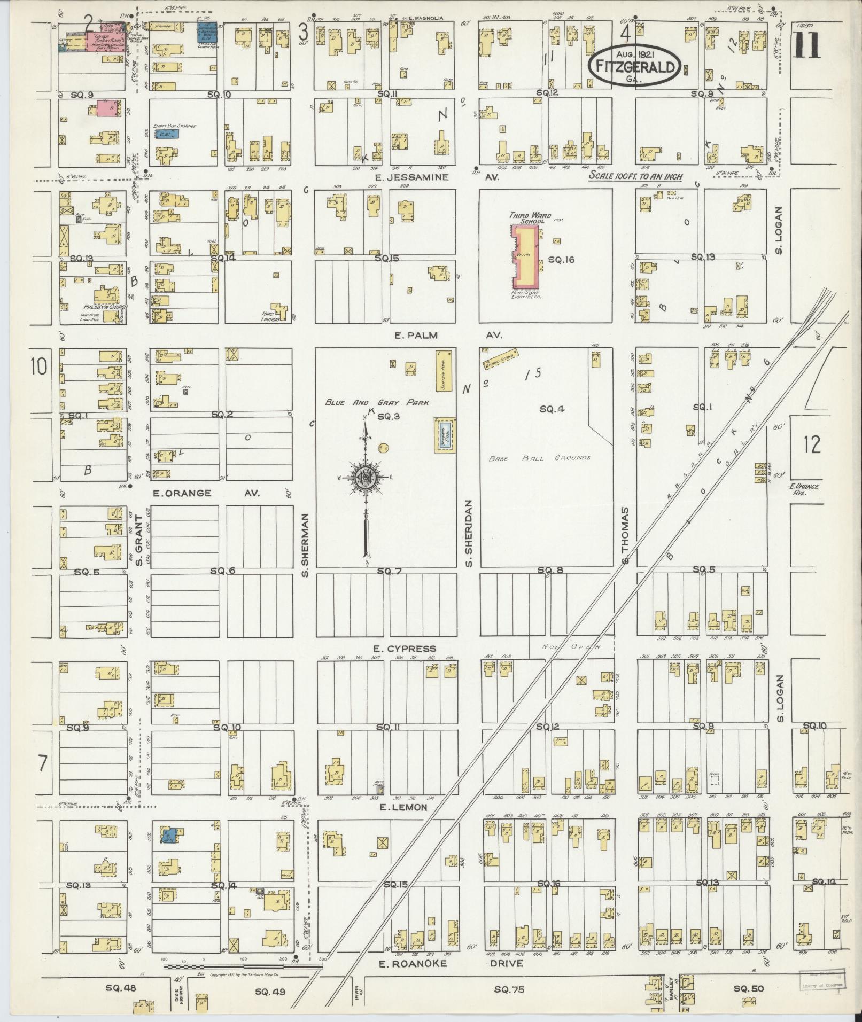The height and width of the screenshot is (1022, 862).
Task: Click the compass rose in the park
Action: point(366,476)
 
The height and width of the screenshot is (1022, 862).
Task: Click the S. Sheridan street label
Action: point(469,534)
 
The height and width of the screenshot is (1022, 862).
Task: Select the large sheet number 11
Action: point(807,43)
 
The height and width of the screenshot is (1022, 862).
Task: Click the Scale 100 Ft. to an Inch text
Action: point(636,177)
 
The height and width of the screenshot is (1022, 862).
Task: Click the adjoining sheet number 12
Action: point(811,444)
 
